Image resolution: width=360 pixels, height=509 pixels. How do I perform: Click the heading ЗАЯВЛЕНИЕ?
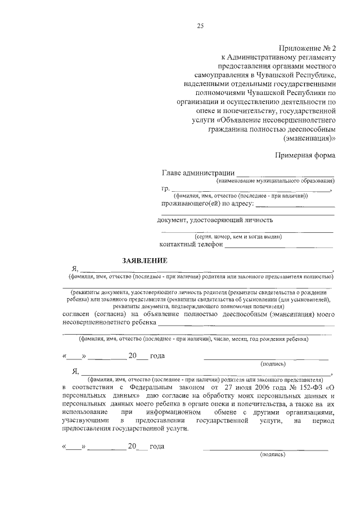[145, 260]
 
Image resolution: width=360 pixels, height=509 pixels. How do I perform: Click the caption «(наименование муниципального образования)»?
[276, 181]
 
